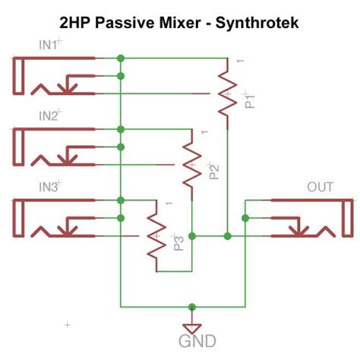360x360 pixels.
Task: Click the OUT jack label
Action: point(321,187)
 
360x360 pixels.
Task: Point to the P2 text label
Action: point(216,171)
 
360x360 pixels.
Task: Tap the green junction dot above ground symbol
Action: point(194,307)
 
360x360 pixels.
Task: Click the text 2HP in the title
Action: point(74,23)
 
